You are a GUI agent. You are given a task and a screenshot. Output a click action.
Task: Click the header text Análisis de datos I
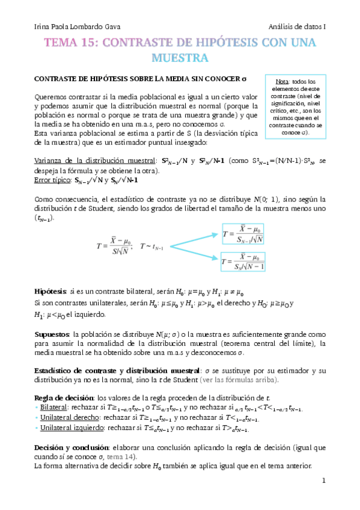(297, 27)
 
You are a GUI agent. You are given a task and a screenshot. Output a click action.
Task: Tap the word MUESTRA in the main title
(179, 58)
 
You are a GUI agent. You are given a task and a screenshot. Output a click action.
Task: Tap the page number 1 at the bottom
(323, 481)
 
